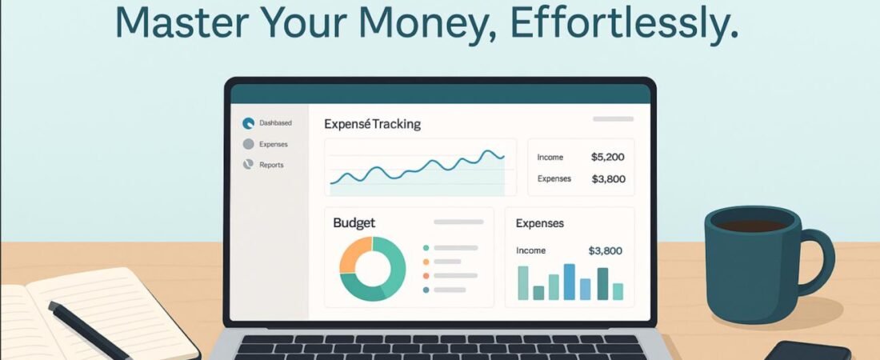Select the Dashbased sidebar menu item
(x=275, y=123)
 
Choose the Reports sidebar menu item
(x=271, y=165)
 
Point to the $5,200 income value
(x=608, y=158)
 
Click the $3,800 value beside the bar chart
(x=605, y=251)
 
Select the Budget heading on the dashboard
(x=354, y=223)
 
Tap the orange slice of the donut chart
(x=352, y=253)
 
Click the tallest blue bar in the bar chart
(x=569, y=282)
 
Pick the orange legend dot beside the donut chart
(x=426, y=262)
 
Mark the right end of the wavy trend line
(x=503, y=157)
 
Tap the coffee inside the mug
(x=753, y=226)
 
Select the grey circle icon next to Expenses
(x=248, y=144)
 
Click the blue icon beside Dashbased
(x=248, y=123)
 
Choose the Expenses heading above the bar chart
(x=540, y=223)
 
